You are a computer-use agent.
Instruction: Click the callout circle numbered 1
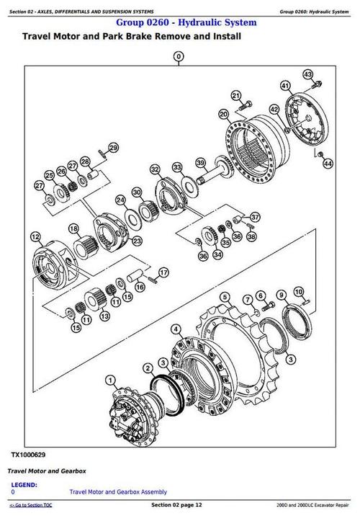109,380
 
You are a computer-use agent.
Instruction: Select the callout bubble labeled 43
307,74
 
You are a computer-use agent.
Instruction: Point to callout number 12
35,235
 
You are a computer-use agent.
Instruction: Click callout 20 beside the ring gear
224,114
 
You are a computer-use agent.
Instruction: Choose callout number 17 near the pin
163,272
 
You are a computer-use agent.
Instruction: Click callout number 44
328,164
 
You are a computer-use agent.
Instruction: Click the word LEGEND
24,485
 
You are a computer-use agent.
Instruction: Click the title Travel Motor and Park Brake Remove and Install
132,36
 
